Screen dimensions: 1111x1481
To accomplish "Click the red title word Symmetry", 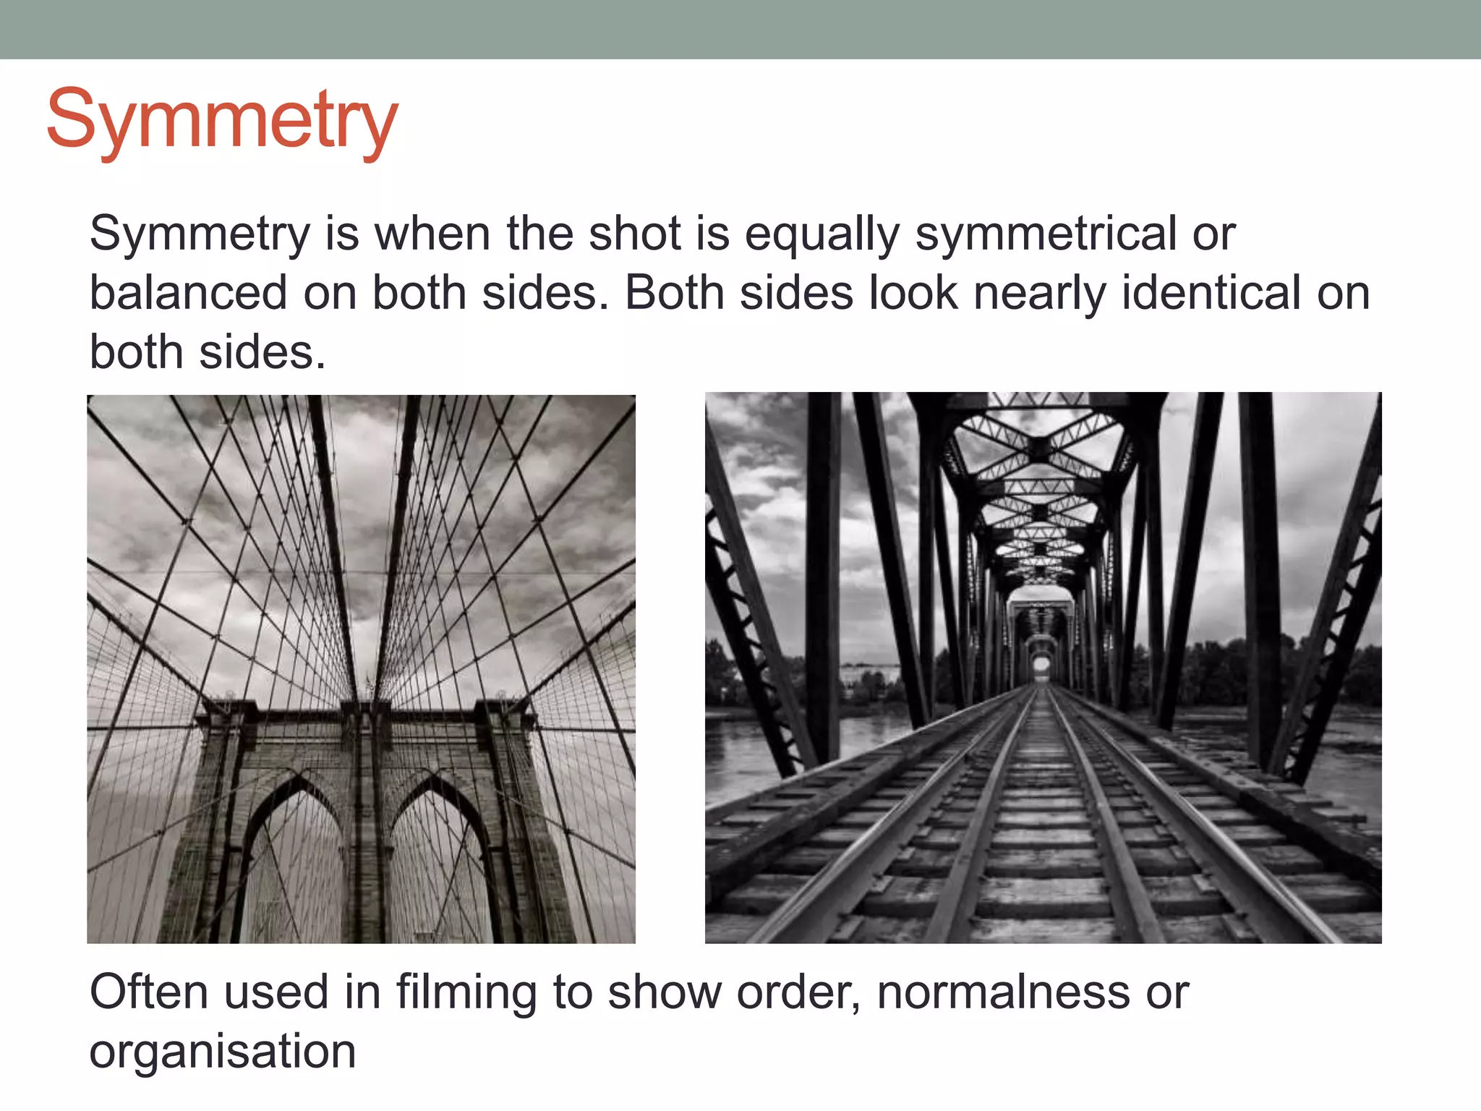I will click(222, 120).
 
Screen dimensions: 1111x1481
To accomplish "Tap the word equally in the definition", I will click(822, 236).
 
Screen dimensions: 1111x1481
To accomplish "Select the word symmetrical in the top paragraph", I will click(1046, 236).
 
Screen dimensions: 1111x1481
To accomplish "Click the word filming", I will click(466, 993).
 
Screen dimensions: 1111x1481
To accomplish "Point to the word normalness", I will click(1003, 992).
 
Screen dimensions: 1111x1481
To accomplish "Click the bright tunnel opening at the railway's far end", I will click(1041, 663).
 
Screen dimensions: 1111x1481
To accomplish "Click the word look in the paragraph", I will click(913, 293).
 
